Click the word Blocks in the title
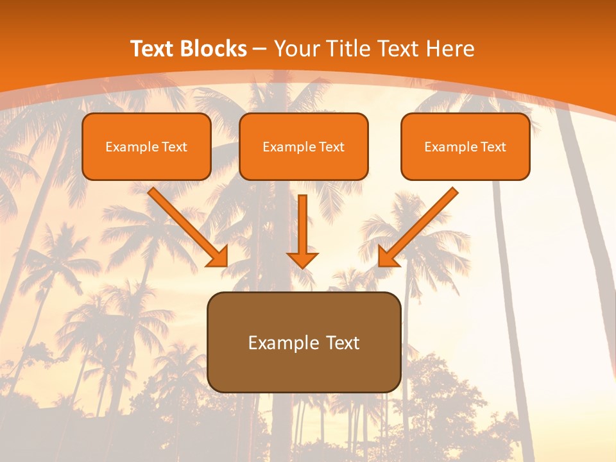214,49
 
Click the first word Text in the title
153,49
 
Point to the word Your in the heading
295,49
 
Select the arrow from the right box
420,225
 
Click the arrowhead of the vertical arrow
302,259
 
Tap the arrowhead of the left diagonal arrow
218,257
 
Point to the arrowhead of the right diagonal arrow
388,257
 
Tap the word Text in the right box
493,147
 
